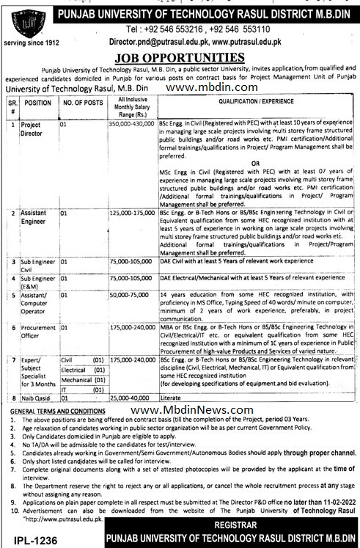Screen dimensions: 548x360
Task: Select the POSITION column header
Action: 38,104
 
